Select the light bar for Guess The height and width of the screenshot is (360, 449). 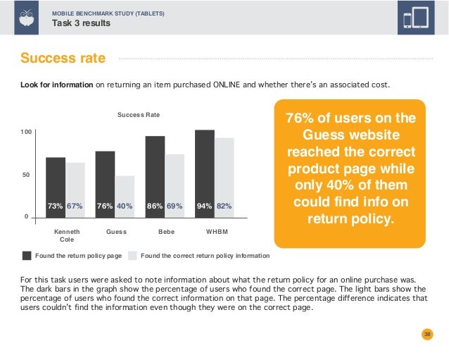125,194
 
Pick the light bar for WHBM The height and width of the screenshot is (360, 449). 224,176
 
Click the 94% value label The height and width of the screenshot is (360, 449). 204,206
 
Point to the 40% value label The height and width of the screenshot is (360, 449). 125,206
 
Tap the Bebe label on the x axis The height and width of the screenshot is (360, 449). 166,231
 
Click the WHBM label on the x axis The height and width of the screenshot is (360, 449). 215,231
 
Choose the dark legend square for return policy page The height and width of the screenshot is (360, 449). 27,255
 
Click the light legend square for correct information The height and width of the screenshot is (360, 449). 132,255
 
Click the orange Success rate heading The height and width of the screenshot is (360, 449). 63,58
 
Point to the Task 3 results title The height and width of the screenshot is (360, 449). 82,23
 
